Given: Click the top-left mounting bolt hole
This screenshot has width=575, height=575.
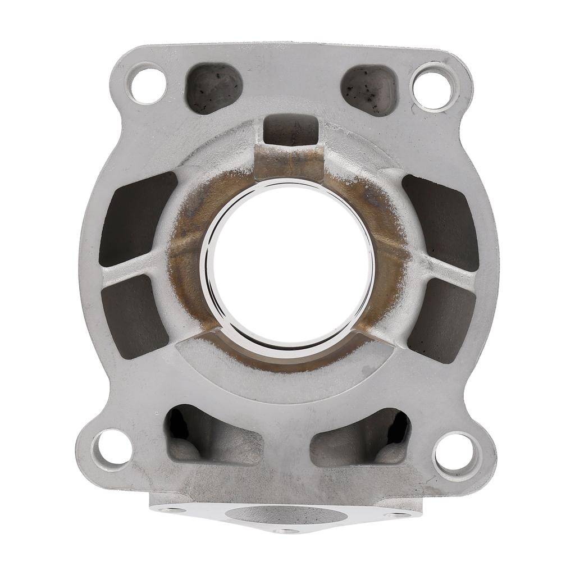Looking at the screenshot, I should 148,84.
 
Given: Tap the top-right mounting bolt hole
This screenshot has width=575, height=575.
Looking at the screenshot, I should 432,87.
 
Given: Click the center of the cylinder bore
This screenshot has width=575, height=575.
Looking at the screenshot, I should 288,264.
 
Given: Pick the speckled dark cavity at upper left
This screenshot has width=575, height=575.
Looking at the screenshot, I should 214,88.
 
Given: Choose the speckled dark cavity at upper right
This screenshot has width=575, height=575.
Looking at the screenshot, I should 370,89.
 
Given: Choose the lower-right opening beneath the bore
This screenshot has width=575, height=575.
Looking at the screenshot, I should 363,438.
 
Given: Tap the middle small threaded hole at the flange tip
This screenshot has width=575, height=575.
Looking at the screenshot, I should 286,530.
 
